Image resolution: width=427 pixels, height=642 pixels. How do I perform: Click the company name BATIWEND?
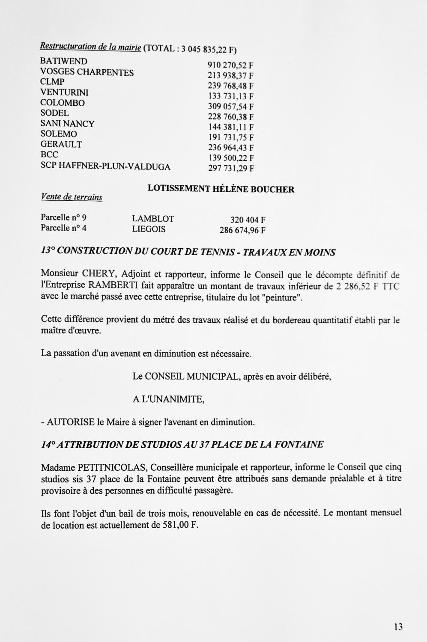[64, 61]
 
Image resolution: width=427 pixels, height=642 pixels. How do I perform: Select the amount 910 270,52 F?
[231, 65]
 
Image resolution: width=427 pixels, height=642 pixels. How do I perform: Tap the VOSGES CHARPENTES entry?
[87, 72]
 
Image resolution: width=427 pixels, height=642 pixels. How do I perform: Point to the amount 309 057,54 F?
[231, 107]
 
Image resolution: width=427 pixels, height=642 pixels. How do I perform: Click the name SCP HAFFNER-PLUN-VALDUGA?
[105, 166]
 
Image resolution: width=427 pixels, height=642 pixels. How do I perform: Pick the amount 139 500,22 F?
[231, 158]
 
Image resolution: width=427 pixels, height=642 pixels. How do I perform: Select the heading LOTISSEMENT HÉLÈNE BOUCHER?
[221, 189]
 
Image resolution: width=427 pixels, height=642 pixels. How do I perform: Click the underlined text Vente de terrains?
[72, 197]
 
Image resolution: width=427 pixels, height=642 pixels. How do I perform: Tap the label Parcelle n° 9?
[63, 217]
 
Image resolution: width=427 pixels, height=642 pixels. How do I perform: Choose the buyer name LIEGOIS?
[149, 229]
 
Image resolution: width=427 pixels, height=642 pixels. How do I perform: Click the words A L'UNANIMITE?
[168, 399]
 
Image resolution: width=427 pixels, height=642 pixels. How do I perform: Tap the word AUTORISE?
[71, 422]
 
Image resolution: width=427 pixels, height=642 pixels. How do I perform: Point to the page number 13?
[398, 627]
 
